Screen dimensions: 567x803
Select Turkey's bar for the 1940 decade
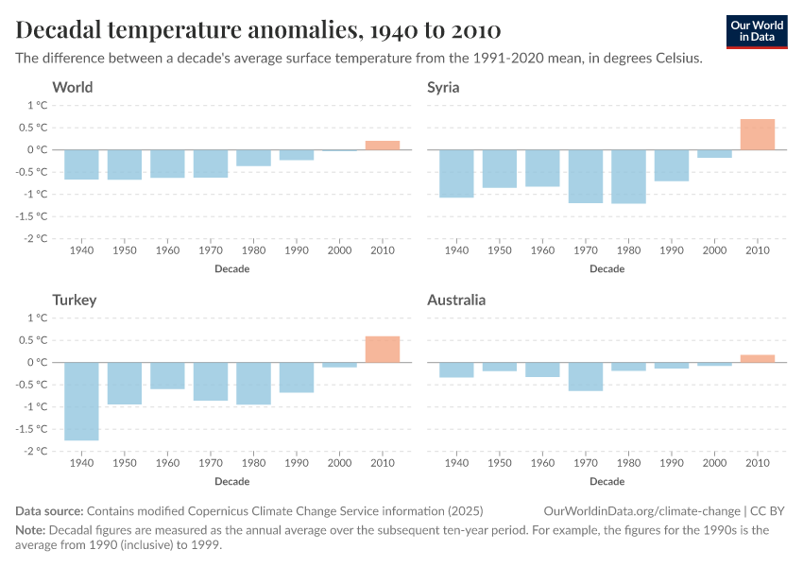81,401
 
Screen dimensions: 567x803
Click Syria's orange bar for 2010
757,134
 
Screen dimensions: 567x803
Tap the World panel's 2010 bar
383,145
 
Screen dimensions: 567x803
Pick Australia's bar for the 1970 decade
585,376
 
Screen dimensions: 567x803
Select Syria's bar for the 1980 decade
628,177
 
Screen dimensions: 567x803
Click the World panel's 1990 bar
297,155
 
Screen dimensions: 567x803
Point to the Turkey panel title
75,301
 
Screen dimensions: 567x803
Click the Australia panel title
456,301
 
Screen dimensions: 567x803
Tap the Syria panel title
444,88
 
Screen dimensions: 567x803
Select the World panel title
73,88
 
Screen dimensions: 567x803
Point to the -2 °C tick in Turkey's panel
35,451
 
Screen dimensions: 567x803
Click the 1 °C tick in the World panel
37,105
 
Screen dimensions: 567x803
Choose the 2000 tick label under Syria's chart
714,252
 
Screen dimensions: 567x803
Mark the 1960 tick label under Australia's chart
542,465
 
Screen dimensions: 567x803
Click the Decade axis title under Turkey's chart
232,481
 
